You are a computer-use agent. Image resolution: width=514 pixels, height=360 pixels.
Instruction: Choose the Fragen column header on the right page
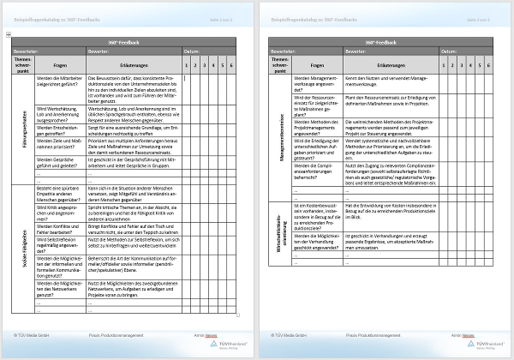tap(316, 65)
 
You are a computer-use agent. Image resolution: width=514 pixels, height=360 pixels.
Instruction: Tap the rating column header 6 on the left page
tap(231, 65)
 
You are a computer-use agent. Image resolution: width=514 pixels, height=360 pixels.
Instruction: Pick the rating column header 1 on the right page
tap(445, 65)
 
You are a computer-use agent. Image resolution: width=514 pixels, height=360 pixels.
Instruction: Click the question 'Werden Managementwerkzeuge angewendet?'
tap(317, 82)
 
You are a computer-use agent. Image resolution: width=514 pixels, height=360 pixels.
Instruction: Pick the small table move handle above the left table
tap(8, 34)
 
